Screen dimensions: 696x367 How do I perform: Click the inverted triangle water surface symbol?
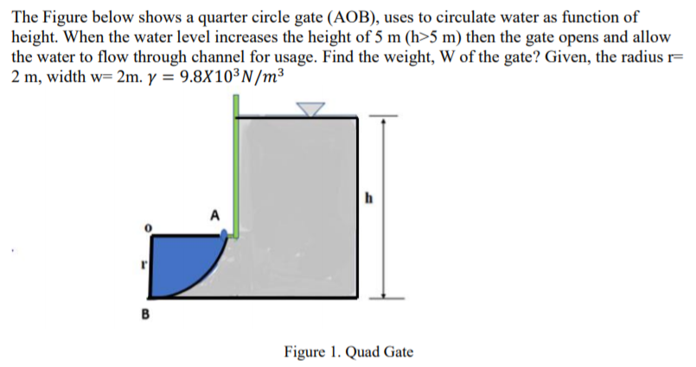310,109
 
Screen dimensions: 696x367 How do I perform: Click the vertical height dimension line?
383,207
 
